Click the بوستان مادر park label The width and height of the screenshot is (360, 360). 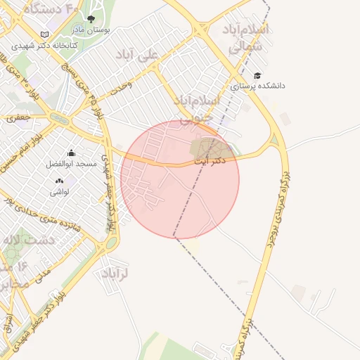point(91,30)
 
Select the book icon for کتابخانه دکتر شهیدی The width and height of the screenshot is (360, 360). point(45,34)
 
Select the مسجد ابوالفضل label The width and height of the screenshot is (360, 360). point(71,163)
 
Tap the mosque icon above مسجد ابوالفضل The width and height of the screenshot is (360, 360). point(71,153)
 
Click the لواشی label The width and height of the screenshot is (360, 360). point(58,191)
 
